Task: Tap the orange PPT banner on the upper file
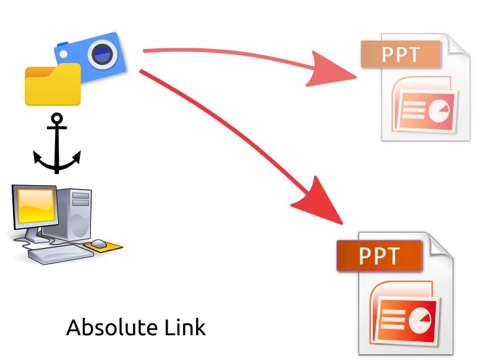(400, 54)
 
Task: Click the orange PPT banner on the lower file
(378, 255)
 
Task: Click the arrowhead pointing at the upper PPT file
(334, 69)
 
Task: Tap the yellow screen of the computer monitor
(36, 205)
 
